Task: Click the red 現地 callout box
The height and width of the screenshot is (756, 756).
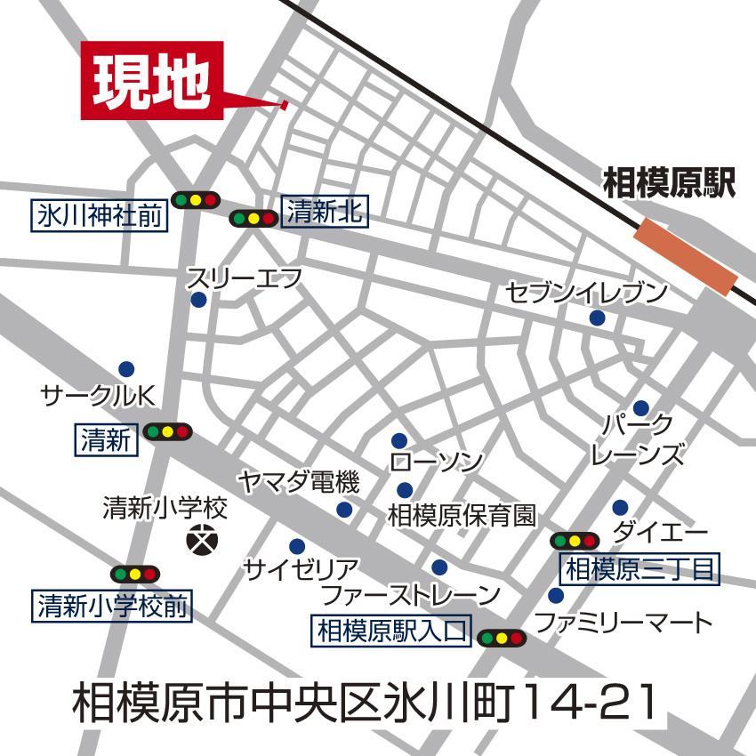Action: [151, 80]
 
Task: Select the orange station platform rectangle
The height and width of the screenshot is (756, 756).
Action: [686, 258]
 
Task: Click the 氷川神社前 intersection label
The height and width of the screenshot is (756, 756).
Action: [101, 215]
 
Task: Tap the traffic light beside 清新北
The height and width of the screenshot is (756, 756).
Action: [253, 218]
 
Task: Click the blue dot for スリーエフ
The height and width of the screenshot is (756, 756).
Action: [198, 301]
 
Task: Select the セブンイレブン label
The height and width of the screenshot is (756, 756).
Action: [586, 291]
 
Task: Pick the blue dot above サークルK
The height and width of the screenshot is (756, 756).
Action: [125, 368]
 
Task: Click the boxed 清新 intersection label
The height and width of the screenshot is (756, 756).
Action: [106, 439]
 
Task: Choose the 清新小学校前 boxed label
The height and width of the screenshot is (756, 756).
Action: [113, 607]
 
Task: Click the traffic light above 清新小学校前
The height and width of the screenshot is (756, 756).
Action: [134, 574]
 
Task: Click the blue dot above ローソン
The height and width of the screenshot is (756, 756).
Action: [399, 440]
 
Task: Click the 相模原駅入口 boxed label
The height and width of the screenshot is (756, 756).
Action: [390, 631]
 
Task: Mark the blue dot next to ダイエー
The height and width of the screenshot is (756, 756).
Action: [620, 508]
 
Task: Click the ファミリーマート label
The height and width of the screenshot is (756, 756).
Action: [625, 622]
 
